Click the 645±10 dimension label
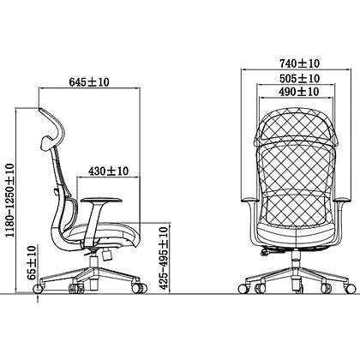coord(89,82)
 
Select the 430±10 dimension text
coord(109,171)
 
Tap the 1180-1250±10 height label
coord(10,201)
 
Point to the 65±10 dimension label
coord(33,263)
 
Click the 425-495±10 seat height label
coord(164,258)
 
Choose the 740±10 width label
coord(299,63)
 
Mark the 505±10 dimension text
coord(299,78)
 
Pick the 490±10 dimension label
coord(299,92)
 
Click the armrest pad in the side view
coord(101,201)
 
